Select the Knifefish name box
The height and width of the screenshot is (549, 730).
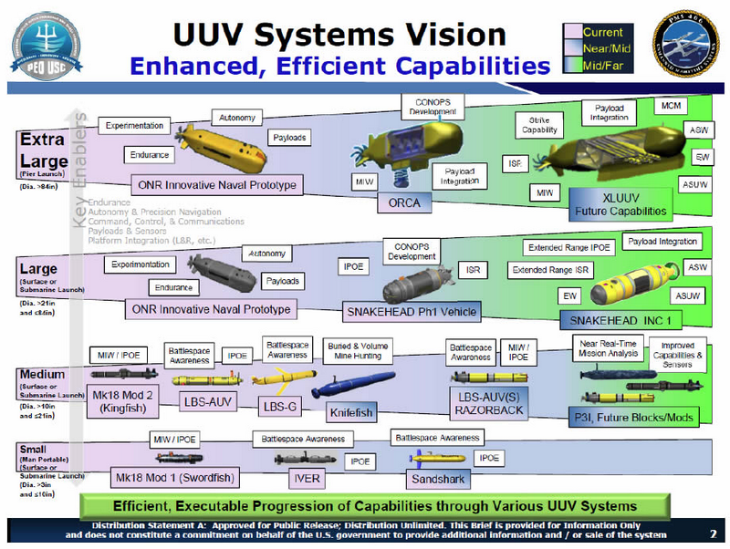tap(350, 412)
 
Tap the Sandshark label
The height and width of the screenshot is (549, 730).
tap(433, 477)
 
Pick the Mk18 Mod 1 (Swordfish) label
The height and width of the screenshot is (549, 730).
tap(173, 477)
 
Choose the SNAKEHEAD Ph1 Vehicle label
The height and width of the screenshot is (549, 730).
tap(411, 311)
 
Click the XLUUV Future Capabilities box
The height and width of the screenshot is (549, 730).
tap(619, 203)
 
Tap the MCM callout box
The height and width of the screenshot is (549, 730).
tap(669, 107)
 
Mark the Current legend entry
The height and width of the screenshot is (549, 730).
tap(603, 32)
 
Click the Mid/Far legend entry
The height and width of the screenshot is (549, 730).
tap(603, 64)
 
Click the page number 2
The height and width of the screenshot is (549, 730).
tap(713, 533)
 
